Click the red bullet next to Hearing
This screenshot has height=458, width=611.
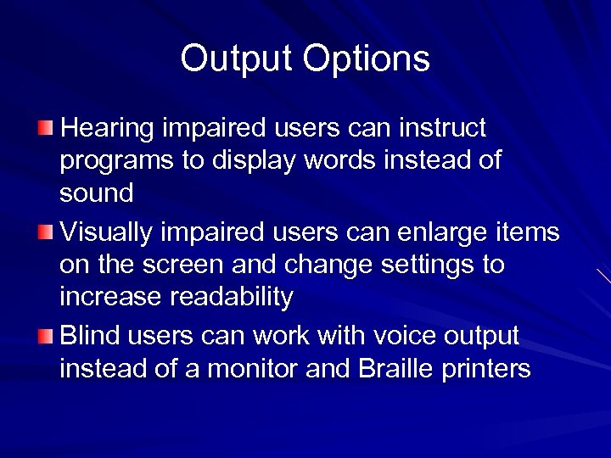click(x=45, y=128)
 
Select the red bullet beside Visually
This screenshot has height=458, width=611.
click(x=45, y=232)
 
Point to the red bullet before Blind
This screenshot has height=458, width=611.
click(x=45, y=337)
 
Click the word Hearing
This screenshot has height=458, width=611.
click(x=108, y=129)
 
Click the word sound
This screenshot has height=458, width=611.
click(x=96, y=193)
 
